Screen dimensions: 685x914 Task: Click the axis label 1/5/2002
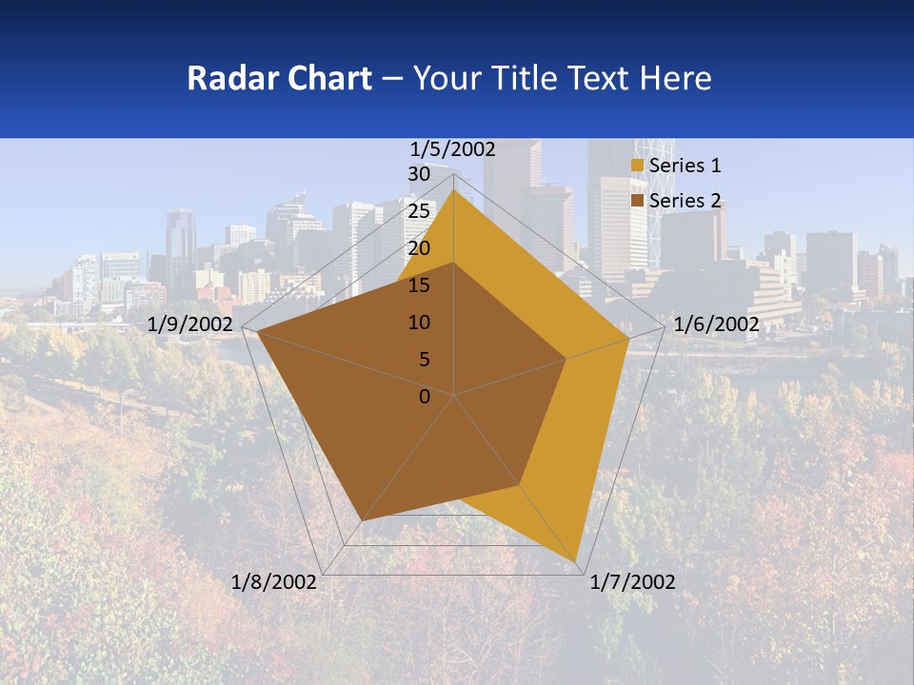pyautogui.click(x=453, y=148)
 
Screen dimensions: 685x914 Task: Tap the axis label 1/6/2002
pyautogui.click(x=716, y=324)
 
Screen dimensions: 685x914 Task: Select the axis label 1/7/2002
pyautogui.click(x=632, y=581)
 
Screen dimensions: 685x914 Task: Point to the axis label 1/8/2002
pyautogui.click(x=274, y=581)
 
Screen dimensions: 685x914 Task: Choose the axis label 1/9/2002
pyautogui.click(x=190, y=324)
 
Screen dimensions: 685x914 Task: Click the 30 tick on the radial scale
pyautogui.click(x=419, y=174)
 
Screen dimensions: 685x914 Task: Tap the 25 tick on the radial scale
pyautogui.click(x=419, y=211)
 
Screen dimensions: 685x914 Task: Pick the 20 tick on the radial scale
pyautogui.click(x=419, y=248)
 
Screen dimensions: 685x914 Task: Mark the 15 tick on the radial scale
pyautogui.click(x=419, y=285)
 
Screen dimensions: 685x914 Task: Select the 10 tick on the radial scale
pyautogui.click(x=419, y=323)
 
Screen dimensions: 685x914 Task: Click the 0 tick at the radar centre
pyautogui.click(x=425, y=397)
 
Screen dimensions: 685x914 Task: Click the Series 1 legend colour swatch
pyautogui.click(x=637, y=166)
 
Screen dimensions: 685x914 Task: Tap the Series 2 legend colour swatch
pyautogui.click(x=637, y=201)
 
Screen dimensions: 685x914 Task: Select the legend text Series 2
pyautogui.click(x=685, y=201)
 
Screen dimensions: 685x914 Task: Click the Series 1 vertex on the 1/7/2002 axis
pyautogui.click(x=577, y=560)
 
